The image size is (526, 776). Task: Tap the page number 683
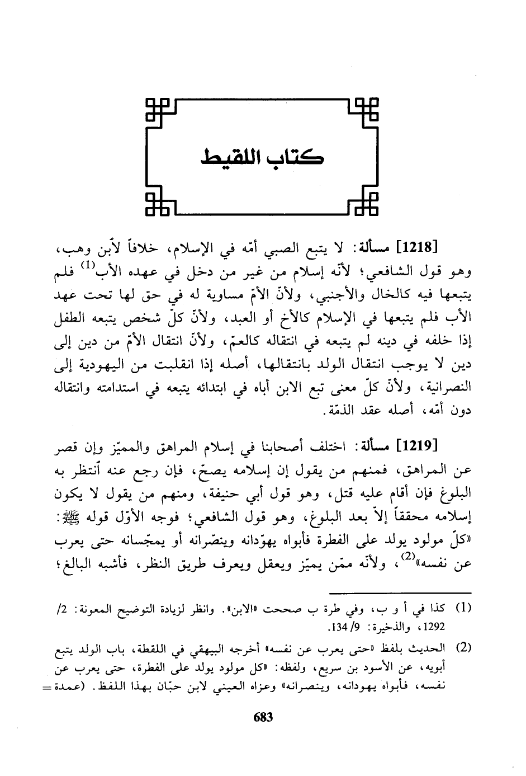coord(263,717)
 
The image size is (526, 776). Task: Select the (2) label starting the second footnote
coord(463,649)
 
